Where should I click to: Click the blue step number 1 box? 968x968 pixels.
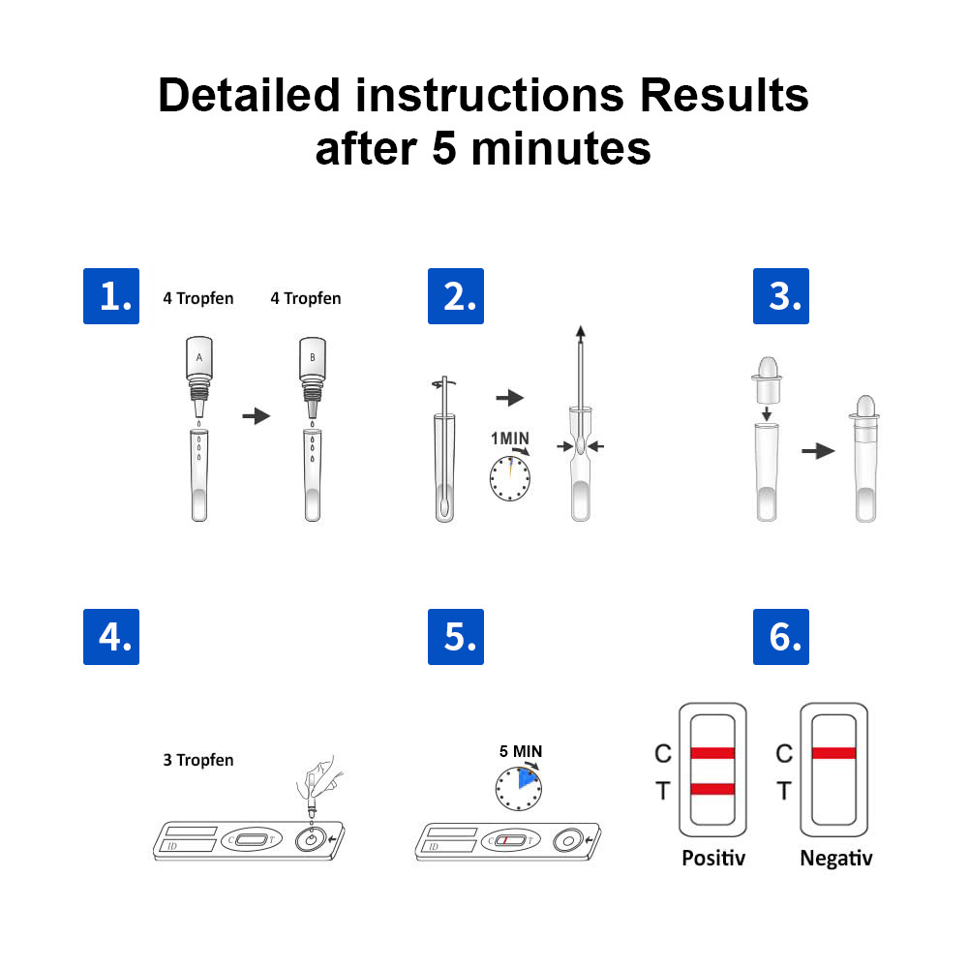point(110,296)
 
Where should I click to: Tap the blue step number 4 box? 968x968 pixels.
point(110,636)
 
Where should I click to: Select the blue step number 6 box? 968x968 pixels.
point(781,636)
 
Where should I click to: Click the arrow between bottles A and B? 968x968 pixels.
point(256,415)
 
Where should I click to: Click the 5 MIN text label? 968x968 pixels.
point(520,750)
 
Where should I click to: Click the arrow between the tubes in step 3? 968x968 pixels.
point(818,451)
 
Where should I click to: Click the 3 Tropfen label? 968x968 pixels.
point(197,760)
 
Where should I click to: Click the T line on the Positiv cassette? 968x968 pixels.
point(712,790)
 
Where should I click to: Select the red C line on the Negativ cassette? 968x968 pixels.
point(832,753)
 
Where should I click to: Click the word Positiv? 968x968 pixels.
point(713,858)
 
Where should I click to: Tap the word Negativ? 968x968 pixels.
point(835,858)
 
